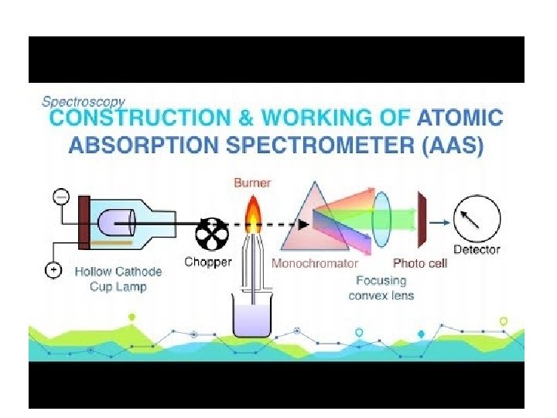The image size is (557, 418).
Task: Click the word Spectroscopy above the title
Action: coord(83,101)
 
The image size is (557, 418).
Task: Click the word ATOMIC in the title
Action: coord(460,119)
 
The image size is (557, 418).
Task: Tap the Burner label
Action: coord(251,183)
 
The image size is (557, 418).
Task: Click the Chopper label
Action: coord(207,262)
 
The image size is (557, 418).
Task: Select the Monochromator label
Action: coord(315,263)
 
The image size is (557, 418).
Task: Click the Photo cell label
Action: coord(420,263)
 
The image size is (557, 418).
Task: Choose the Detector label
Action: coord(476,249)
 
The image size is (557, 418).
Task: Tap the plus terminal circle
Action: coord(53,270)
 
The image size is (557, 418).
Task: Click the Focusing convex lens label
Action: coord(381,288)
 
